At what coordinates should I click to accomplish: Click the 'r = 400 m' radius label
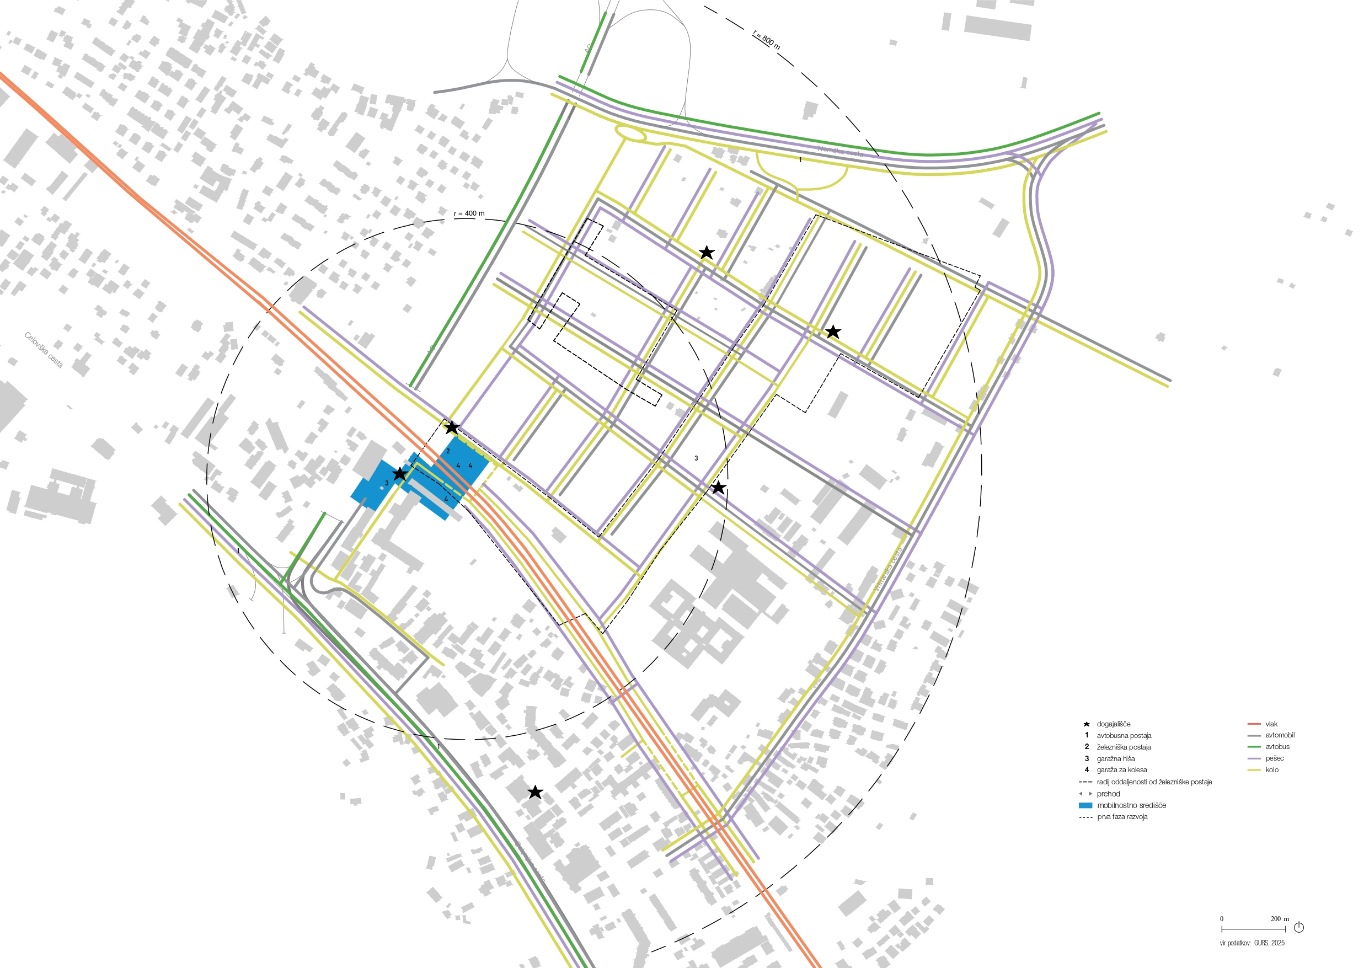pyautogui.click(x=469, y=213)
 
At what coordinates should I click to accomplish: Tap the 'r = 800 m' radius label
pyautogui.click(x=766, y=39)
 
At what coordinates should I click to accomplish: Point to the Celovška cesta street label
pyautogui.click(x=44, y=350)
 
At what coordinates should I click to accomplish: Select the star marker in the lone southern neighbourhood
pyautogui.click(x=535, y=792)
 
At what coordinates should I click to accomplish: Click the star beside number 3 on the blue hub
pyautogui.click(x=399, y=474)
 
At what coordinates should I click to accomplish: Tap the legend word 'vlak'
pyautogui.click(x=1271, y=724)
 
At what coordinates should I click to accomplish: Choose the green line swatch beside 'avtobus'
pyautogui.click(x=1254, y=747)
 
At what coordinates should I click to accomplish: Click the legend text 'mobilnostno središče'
pyautogui.click(x=1131, y=805)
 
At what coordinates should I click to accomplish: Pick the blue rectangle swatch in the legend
pyautogui.click(x=1085, y=805)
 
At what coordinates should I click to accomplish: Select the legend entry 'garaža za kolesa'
pyautogui.click(x=1121, y=770)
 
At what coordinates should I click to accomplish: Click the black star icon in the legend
pyautogui.click(x=1087, y=724)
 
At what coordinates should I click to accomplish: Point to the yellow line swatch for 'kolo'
pyautogui.click(x=1254, y=770)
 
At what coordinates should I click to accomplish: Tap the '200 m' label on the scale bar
pyautogui.click(x=1280, y=919)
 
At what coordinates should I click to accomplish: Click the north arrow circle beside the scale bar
pyautogui.click(x=1298, y=927)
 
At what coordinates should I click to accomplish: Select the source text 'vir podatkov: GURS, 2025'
pyautogui.click(x=1252, y=943)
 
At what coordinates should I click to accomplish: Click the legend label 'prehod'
pyautogui.click(x=1109, y=794)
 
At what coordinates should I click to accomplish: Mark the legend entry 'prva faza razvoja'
pyautogui.click(x=1122, y=816)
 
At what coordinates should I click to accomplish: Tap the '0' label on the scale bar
pyautogui.click(x=1222, y=919)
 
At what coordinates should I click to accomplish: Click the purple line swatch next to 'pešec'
pyautogui.click(x=1254, y=758)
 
